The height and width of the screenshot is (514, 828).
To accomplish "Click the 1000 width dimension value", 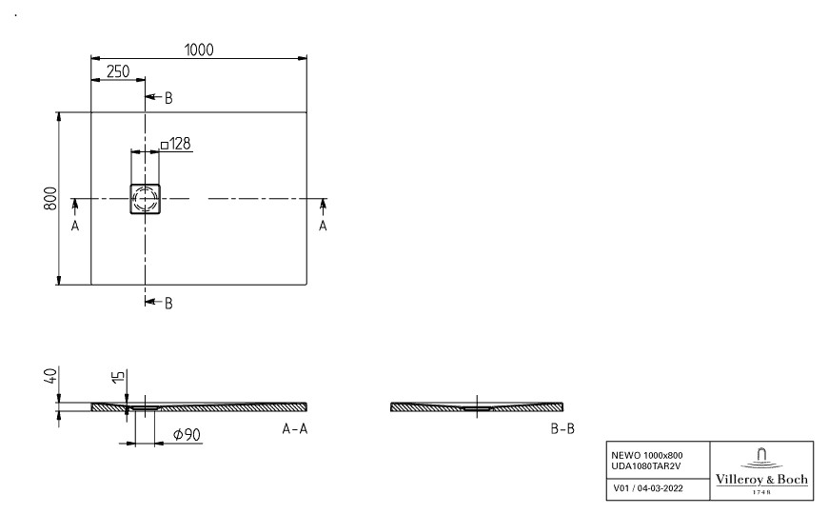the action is click(199, 49).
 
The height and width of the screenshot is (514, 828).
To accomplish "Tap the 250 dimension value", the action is click(118, 71).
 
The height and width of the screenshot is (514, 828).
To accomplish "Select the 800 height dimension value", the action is click(50, 198).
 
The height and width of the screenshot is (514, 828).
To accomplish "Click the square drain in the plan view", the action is click(146, 199).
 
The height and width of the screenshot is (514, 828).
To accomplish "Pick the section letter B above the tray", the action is click(168, 98).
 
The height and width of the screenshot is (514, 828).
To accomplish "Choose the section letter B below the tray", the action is click(168, 304).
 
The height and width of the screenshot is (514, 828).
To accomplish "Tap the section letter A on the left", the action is click(75, 226).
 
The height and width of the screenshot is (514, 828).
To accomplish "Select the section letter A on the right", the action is click(323, 226).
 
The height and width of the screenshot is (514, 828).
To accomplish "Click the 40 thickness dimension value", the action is click(50, 376).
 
